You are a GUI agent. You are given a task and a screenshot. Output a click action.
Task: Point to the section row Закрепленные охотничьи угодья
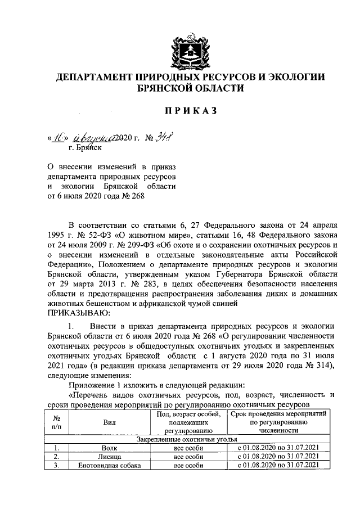coord(187,439)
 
